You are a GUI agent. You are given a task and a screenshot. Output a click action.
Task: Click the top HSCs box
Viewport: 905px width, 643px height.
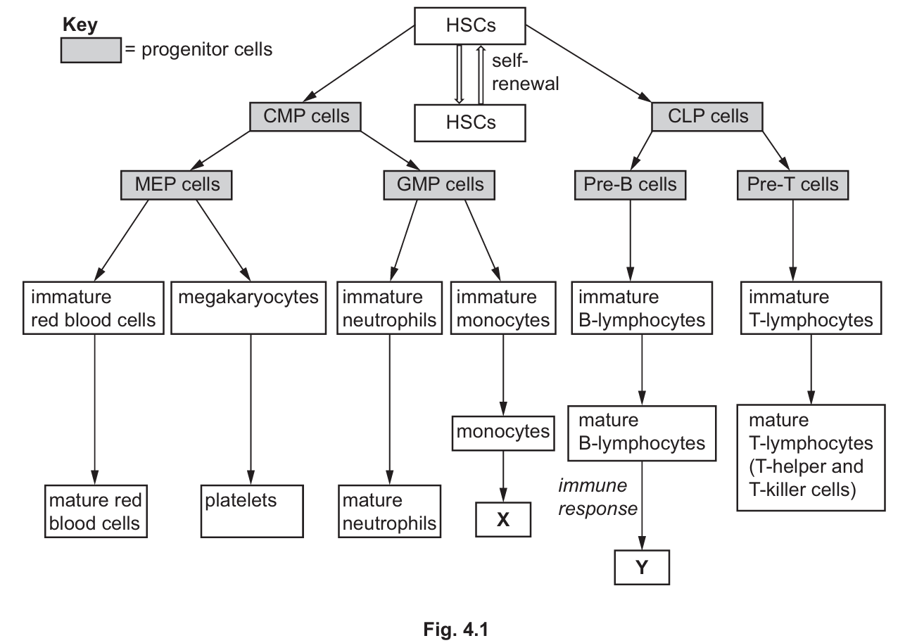point(471,26)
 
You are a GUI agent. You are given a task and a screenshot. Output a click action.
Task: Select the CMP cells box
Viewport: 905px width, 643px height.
point(306,115)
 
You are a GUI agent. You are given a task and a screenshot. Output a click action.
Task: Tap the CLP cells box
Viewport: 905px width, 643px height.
point(708,115)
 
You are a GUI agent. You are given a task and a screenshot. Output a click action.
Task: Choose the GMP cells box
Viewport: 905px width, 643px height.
point(439,184)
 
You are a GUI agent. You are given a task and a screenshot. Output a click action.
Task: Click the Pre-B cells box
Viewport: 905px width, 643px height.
point(630,184)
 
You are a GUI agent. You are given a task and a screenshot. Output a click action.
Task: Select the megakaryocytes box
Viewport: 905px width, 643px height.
point(248,308)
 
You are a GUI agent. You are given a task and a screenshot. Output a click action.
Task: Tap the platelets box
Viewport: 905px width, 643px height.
point(251,511)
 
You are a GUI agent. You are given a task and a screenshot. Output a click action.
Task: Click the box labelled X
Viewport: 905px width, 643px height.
point(502,520)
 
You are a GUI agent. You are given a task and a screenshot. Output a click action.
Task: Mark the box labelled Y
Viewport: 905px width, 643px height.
point(640,568)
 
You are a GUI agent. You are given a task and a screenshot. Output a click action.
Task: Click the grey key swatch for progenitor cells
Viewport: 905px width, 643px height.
point(91,51)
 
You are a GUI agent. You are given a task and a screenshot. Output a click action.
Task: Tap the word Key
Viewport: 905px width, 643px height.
point(80,25)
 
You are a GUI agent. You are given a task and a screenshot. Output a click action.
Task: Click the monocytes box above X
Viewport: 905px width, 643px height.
point(502,431)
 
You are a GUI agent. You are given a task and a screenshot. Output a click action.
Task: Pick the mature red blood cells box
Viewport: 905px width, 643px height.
point(96,511)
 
